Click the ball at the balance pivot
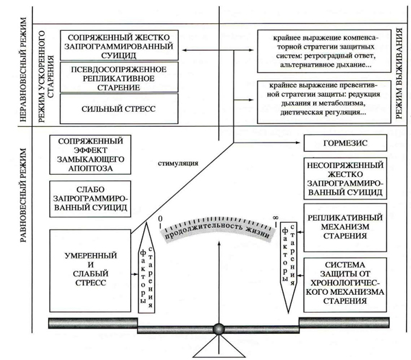point(219,328)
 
